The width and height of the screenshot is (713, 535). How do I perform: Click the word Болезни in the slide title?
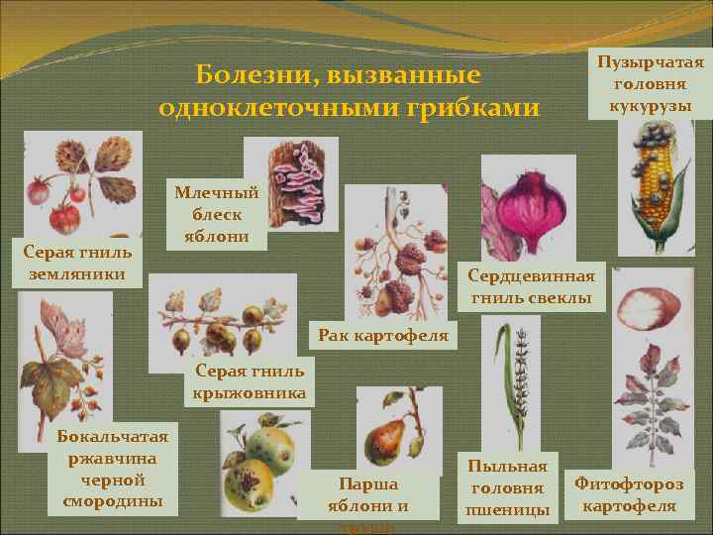pos(238,75)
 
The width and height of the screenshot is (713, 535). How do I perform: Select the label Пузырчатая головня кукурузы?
pos(650,84)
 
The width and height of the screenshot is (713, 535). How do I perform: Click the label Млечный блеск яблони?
pos(216,214)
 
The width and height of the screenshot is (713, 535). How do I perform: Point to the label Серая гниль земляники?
pos(77,263)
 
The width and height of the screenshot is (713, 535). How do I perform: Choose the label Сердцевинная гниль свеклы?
pos(532,286)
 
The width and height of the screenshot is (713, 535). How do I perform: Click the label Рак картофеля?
pos(382,336)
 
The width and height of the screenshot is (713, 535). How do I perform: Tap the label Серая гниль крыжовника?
pos(251,382)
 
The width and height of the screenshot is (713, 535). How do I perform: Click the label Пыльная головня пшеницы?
pos(507,487)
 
